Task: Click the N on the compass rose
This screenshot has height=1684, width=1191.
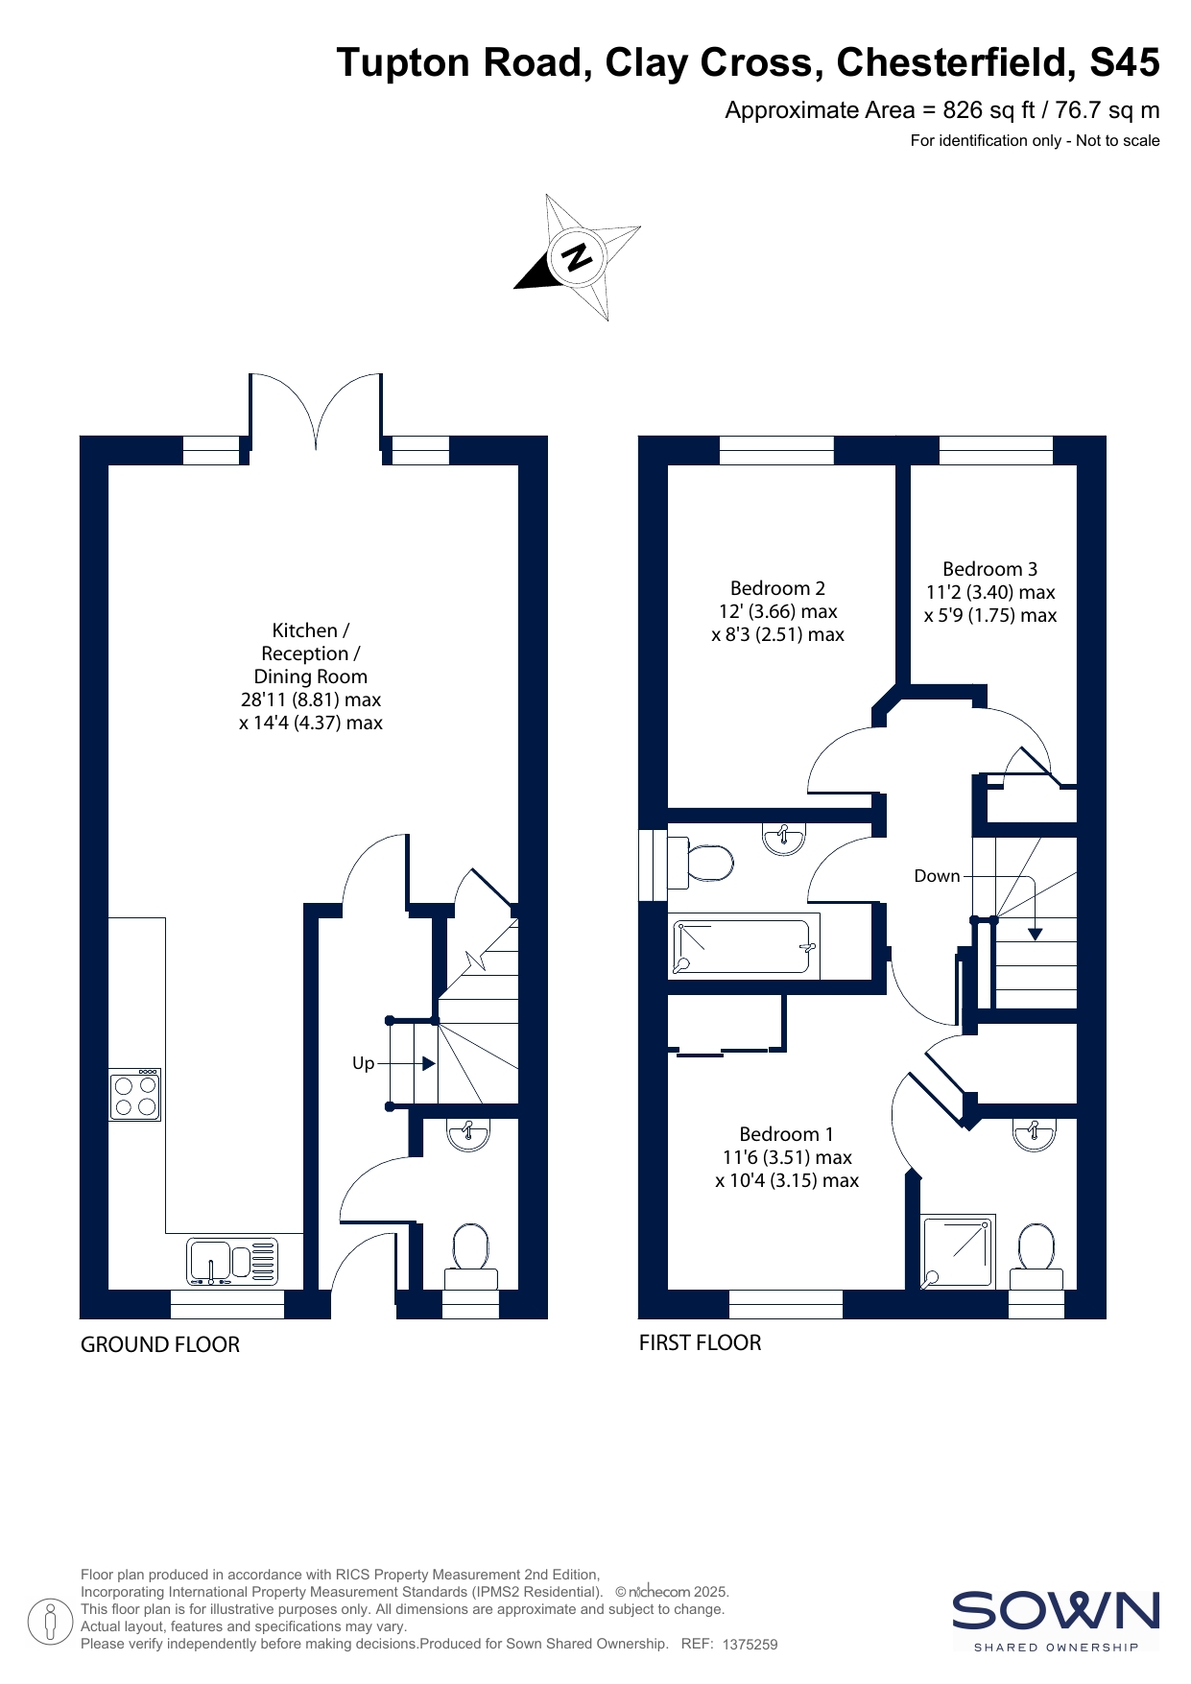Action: (577, 256)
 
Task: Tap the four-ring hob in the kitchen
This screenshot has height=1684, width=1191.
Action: (135, 1095)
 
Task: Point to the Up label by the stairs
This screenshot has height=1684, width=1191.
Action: (363, 1063)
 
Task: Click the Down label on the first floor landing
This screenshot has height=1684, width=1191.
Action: (937, 876)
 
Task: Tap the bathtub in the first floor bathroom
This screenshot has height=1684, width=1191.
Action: (743, 947)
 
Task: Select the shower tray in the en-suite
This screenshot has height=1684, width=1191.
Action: (958, 1251)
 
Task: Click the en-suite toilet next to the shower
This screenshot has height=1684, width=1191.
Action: (1036, 1255)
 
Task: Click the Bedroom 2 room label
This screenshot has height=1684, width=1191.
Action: (777, 588)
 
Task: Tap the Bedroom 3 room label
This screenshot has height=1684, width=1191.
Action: (990, 569)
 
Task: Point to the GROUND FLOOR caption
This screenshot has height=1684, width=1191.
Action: (160, 1344)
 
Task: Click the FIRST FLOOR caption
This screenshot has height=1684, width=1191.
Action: (701, 1342)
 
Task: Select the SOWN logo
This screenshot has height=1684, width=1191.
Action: (1056, 1621)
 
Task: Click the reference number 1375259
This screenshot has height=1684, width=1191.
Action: (750, 1644)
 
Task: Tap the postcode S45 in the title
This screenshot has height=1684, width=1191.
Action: (1125, 62)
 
